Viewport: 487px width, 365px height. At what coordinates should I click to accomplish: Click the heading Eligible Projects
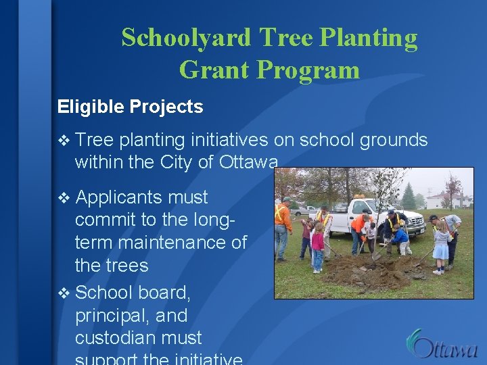pyautogui.click(x=130, y=107)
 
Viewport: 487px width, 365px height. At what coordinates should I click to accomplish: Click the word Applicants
pyautogui.click(x=119, y=197)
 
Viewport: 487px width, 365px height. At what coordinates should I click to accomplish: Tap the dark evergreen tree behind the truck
pyautogui.click(x=409, y=197)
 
